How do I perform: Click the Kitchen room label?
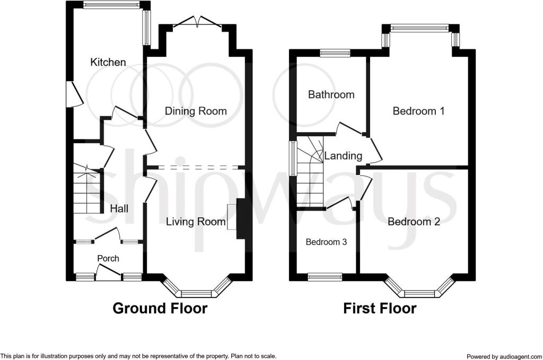(x=108, y=62)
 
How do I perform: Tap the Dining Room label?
(x=196, y=111)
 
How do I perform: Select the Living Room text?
(x=196, y=222)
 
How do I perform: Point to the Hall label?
(x=119, y=209)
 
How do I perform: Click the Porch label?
(x=108, y=258)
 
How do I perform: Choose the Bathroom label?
(x=331, y=94)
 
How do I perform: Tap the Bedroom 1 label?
(x=418, y=111)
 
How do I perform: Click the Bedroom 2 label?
(x=414, y=222)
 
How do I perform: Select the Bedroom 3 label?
(x=326, y=242)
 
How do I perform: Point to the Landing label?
(x=343, y=156)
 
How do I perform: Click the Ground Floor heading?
(x=160, y=308)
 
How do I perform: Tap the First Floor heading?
(x=380, y=308)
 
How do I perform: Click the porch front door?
(x=109, y=274)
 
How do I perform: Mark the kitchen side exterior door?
(x=73, y=95)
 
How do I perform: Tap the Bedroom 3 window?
(x=325, y=276)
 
